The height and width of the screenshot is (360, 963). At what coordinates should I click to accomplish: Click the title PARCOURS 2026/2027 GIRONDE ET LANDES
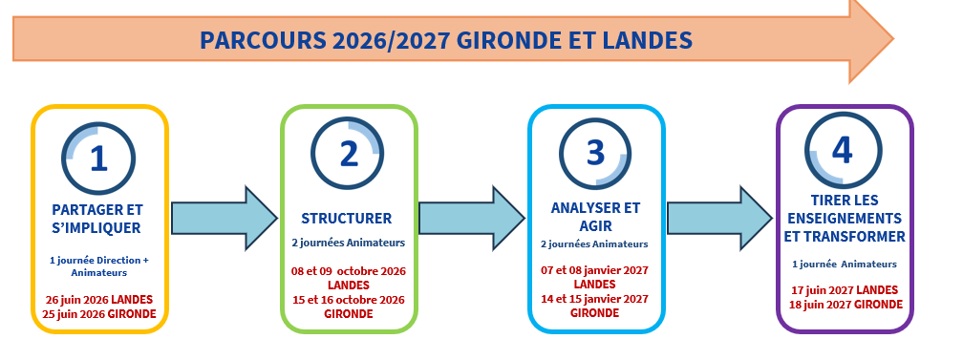click(445, 41)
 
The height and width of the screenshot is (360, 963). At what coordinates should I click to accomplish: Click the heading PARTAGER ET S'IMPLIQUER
click(99, 219)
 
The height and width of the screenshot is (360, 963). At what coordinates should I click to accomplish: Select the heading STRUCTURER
click(348, 217)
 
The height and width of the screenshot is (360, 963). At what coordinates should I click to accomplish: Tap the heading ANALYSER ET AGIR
click(596, 217)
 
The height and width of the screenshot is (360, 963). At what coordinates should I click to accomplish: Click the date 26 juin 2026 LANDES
click(99, 299)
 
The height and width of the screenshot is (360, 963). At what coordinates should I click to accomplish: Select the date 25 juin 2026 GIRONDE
click(99, 313)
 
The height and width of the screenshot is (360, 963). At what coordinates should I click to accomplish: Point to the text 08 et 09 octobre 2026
click(349, 271)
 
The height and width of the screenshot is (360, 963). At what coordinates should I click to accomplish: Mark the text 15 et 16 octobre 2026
click(349, 299)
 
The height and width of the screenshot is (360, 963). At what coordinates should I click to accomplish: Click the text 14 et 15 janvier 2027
click(595, 299)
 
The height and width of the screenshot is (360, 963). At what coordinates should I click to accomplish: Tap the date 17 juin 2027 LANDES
click(844, 289)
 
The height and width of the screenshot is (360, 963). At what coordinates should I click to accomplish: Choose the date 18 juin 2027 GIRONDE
click(844, 304)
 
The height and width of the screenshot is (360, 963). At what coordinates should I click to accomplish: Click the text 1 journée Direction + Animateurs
click(99, 265)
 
